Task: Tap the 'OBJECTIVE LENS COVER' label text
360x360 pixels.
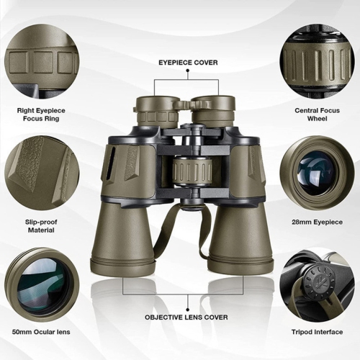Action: pos(186,317)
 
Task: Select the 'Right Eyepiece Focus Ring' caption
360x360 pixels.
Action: pos(42,114)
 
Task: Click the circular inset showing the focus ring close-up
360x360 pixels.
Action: pos(42,65)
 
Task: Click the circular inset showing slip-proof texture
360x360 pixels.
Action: pos(42,172)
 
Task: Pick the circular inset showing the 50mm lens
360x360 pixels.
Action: pos(42,280)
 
